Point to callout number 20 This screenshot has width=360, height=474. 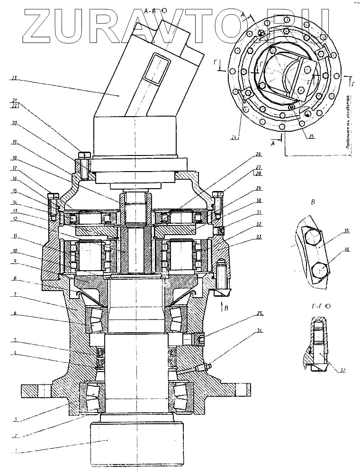(x=14, y=123)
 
